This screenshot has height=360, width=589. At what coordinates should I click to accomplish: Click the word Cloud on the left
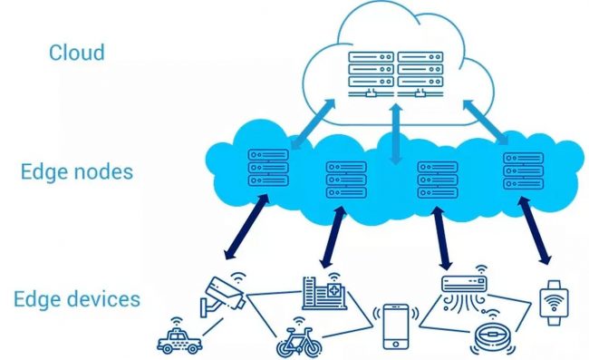pos(76,52)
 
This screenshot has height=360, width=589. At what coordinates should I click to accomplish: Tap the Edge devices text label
pos(77,298)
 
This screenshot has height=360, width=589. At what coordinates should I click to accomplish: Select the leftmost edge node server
pos(267,168)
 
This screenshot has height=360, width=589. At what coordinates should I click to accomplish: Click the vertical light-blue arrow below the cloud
pos(395,134)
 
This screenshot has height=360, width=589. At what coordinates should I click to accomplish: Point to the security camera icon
pos(219,293)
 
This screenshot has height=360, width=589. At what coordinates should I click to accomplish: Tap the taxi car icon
pos(179,339)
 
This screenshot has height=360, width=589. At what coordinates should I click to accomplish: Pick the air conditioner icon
pos(464,289)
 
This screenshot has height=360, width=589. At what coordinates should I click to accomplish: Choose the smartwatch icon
pos(551,302)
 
